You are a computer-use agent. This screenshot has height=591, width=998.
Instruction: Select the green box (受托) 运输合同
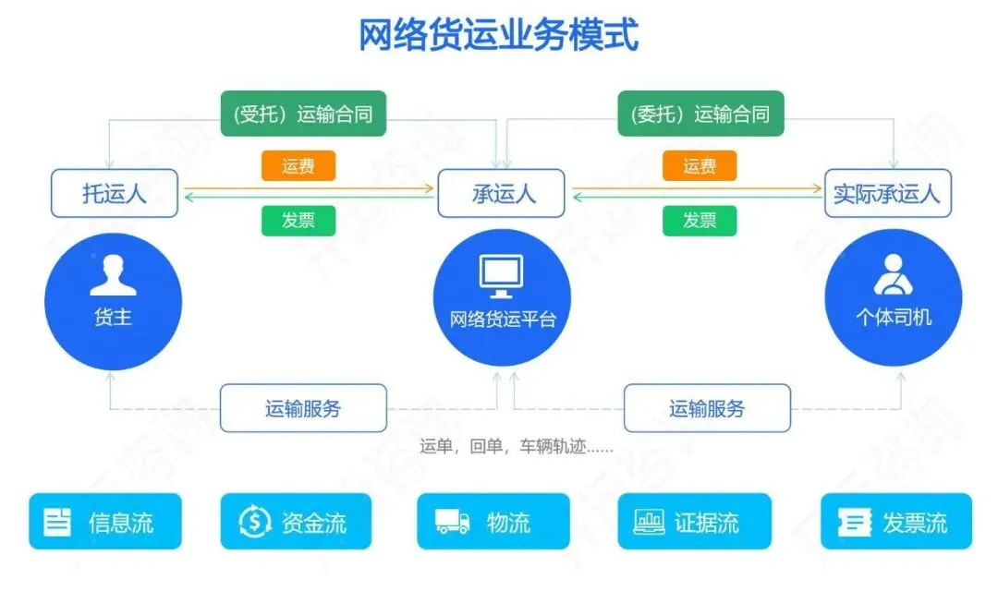(x=302, y=115)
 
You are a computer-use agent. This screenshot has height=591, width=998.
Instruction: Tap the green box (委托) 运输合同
(x=700, y=115)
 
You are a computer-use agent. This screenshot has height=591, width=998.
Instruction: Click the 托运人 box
(x=115, y=193)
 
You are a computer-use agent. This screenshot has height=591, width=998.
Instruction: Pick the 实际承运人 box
(x=886, y=193)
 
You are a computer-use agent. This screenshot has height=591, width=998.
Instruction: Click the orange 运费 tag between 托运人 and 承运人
(x=298, y=166)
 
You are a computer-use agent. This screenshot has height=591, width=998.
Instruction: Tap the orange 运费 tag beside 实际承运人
(x=700, y=166)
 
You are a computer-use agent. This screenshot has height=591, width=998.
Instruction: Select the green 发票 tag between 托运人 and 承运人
(x=298, y=220)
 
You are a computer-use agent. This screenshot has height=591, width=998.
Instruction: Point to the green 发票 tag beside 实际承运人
(x=700, y=220)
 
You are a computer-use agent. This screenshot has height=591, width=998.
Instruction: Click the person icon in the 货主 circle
(x=113, y=275)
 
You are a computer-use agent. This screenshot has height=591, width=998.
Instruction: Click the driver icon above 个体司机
(x=893, y=273)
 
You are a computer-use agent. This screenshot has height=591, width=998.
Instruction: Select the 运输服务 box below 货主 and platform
(x=303, y=408)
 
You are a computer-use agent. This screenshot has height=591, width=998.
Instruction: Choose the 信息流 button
(x=105, y=522)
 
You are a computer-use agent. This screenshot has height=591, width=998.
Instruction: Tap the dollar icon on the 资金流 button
(x=254, y=523)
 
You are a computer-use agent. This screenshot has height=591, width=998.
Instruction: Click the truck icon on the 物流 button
(x=453, y=523)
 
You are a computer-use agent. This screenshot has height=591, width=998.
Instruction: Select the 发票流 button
(x=896, y=522)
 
